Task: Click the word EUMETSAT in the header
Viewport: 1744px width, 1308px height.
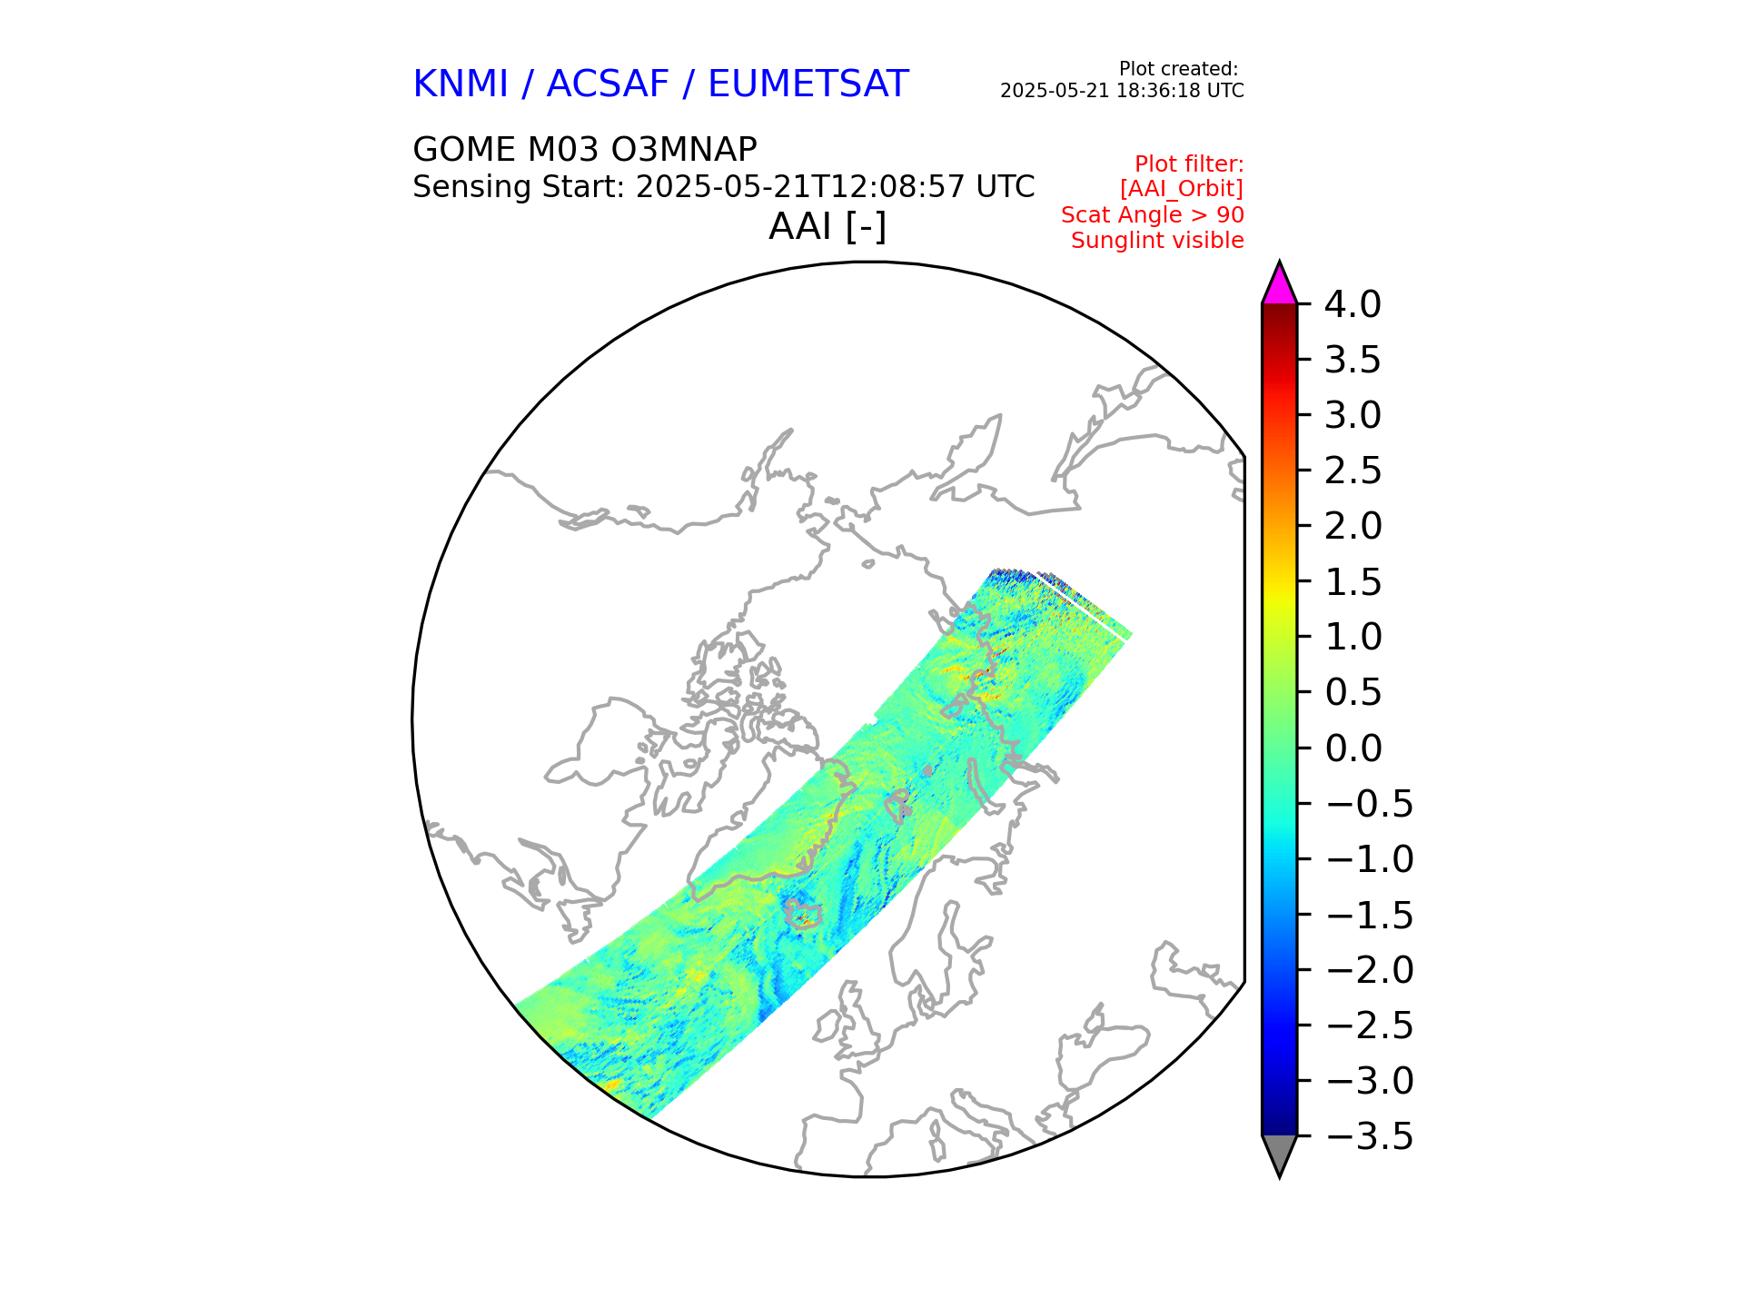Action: pos(808,84)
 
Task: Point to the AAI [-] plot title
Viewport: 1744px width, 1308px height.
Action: pos(827,226)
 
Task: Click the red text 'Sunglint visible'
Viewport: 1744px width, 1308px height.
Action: pos(1156,241)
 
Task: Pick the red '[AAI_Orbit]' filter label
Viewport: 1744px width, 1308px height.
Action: pos(1181,189)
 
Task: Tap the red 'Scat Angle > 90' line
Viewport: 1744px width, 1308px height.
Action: pos(1152,215)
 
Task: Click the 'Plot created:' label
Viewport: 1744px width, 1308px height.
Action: pos(1177,69)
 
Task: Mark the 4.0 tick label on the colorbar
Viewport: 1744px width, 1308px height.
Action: pos(1352,304)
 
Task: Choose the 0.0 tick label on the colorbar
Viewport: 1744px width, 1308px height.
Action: pos(1353,748)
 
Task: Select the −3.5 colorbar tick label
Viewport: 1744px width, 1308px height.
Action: pos(1369,1136)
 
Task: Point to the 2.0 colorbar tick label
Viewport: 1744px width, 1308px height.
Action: pos(1353,526)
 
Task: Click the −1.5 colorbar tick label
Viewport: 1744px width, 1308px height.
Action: pos(1369,915)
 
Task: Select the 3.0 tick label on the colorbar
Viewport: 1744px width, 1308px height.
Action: pos(1353,415)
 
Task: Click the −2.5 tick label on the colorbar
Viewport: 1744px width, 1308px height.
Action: pos(1369,1026)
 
